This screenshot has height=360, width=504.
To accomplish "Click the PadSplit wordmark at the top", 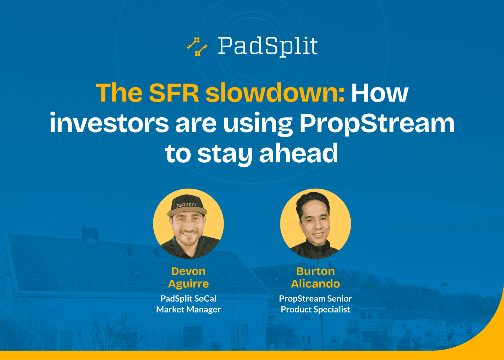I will click(268, 46).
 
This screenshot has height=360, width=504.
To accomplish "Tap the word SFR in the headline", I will click(174, 93).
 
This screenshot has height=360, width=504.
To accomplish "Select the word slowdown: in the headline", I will click(275, 93).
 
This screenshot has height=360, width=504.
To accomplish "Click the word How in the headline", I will click(379, 93).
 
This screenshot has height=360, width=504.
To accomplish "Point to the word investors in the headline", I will click(109, 123).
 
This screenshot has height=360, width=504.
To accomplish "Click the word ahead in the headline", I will click(298, 153).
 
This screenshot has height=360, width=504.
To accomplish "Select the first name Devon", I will click(188, 271).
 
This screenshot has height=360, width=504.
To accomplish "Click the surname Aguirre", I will click(188, 284).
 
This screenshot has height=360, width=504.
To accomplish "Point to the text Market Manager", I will click(188, 310).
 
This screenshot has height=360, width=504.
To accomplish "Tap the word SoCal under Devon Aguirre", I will click(205, 299).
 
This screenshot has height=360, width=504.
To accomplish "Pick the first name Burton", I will click(315, 271).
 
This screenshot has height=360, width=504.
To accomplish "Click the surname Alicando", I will click(315, 284).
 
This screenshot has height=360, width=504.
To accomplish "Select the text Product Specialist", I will click(315, 310).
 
